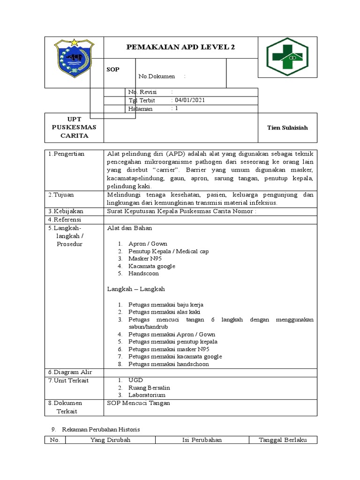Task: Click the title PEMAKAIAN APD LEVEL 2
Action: (180, 47)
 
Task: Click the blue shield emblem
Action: (74, 58)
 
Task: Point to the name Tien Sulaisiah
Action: (287, 127)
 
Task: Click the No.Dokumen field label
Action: (157, 76)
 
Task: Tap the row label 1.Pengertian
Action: (66, 154)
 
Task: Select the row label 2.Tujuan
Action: (61, 195)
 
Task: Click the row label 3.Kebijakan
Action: (66, 211)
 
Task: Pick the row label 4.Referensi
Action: (65, 219)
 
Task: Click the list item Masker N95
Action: (145, 259)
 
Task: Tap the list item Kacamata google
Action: (151, 266)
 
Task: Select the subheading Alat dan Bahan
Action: (129, 228)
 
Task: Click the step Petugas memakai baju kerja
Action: (166, 305)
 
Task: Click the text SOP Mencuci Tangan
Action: (139, 403)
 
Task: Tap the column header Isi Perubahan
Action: (202, 440)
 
